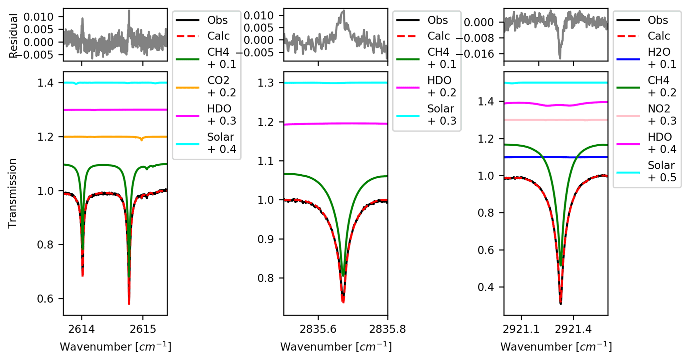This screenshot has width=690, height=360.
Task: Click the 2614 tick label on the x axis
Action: point(82,329)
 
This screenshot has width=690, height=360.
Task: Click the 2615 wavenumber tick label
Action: point(143,329)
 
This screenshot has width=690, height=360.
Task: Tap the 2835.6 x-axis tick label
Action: point(318,329)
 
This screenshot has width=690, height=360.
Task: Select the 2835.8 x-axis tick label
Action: point(388,329)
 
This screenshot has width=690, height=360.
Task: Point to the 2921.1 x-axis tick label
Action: point(521,329)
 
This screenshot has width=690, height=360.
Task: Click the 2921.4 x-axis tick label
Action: point(573,329)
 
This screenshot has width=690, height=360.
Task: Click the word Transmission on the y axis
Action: point(12,193)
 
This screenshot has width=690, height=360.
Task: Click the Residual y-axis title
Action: point(13,35)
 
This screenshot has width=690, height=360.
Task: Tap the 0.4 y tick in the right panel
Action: point(486,287)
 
